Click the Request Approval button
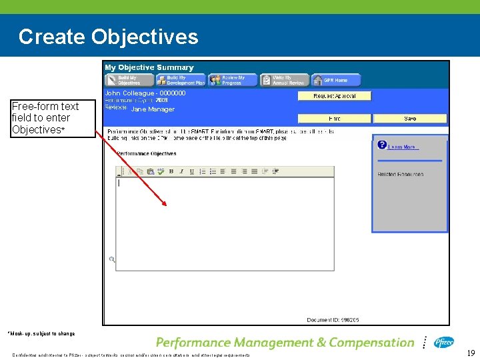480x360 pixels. (334, 96)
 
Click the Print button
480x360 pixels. (334, 118)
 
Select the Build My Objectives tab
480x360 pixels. (129, 80)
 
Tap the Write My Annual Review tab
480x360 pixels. (285, 80)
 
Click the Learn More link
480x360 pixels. (403, 147)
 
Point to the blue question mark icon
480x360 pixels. (382, 145)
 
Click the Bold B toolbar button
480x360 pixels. (171, 171)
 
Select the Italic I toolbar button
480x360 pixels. (181, 171)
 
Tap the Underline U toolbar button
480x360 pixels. (192, 171)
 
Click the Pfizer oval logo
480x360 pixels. (444, 342)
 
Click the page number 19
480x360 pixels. (471, 353)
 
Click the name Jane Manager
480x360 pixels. (152, 109)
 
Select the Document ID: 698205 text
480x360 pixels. (333, 320)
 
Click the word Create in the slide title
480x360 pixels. (52, 36)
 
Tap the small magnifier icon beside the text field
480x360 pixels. (112, 259)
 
